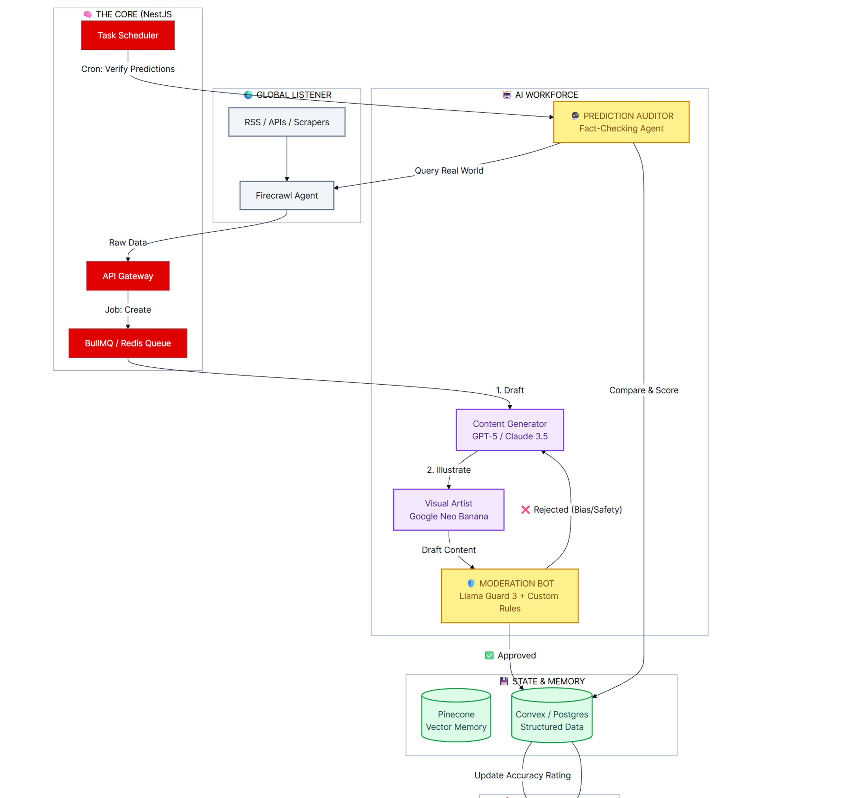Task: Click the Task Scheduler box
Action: pos(128,35)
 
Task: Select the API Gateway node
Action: pos(128,276)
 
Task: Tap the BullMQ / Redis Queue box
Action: pos(128,343)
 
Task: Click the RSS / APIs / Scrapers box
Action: pos(287,122)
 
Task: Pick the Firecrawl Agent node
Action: pos(287,196)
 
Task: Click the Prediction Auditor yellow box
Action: pos(621,122)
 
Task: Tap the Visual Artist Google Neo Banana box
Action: pos(448,510)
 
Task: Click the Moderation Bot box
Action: pos(510,596)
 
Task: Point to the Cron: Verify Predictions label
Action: pos(128,69)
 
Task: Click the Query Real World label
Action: pos(449,170)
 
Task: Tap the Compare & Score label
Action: pos(644,390)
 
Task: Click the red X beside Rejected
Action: pos(525,510)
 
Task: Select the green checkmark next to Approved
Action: pos(489,656)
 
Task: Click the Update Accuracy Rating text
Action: pos(522,775)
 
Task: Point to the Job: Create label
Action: pos(128,310)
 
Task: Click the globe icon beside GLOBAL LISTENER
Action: pos(248,95)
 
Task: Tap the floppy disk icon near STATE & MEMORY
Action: pos(504,681)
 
